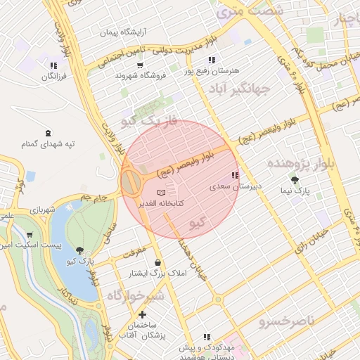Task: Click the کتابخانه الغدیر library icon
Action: tap(162, 192)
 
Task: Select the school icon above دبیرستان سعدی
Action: tap(235, 176)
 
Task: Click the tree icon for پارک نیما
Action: tap(304, 180)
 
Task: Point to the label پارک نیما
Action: tap(303, 191)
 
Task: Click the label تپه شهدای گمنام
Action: tap(48, 143)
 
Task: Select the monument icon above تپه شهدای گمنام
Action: tap(48, 132)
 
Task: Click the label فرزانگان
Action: tap(53, 77)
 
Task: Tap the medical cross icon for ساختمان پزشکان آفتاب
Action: tap(143, 314)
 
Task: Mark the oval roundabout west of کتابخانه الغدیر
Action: tap(131, 183)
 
